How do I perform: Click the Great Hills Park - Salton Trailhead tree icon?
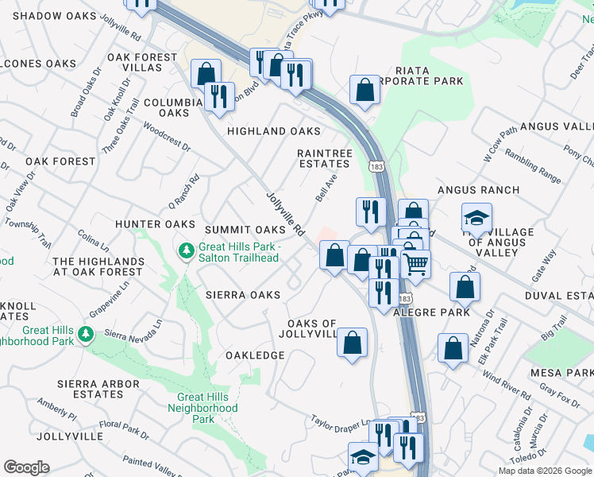coord(187,251)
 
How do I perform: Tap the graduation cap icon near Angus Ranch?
coord(476,217)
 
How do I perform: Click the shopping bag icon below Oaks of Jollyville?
coord(353,343)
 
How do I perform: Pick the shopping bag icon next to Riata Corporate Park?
coord(366,90)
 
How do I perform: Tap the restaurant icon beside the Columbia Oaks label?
coord(219,97)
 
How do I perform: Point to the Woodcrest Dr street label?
coord(167,136)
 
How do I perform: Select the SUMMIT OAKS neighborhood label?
coord(245,229)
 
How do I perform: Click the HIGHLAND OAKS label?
coord(274,131)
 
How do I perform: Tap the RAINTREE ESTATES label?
coord(323,158)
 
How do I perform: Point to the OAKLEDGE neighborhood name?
coord(255,355)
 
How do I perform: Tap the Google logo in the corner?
coord(26,467)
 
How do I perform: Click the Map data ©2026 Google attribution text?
coord(545,471)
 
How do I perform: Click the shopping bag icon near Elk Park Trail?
coord(452,347)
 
